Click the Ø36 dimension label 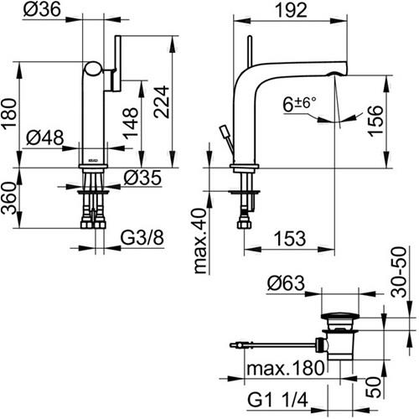coord(42,9)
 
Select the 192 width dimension coord(291,10)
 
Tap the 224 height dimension coord(162,102)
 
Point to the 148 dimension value coord(131,123)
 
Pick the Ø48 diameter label coord(45,137)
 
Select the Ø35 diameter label coord(142,178)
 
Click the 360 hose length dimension coord(8,198)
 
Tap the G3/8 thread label coord(142,238)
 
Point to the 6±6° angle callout coord(299,104)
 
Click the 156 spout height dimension coord(375,121)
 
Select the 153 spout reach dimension coord(290,238)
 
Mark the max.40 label coord(200,241)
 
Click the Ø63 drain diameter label coord(286,283)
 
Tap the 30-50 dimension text coord(399,272)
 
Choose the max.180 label coord(286,368)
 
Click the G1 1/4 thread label coord(277,400)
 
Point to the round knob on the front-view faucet coord(94,69)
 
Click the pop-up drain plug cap coord(339,316)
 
